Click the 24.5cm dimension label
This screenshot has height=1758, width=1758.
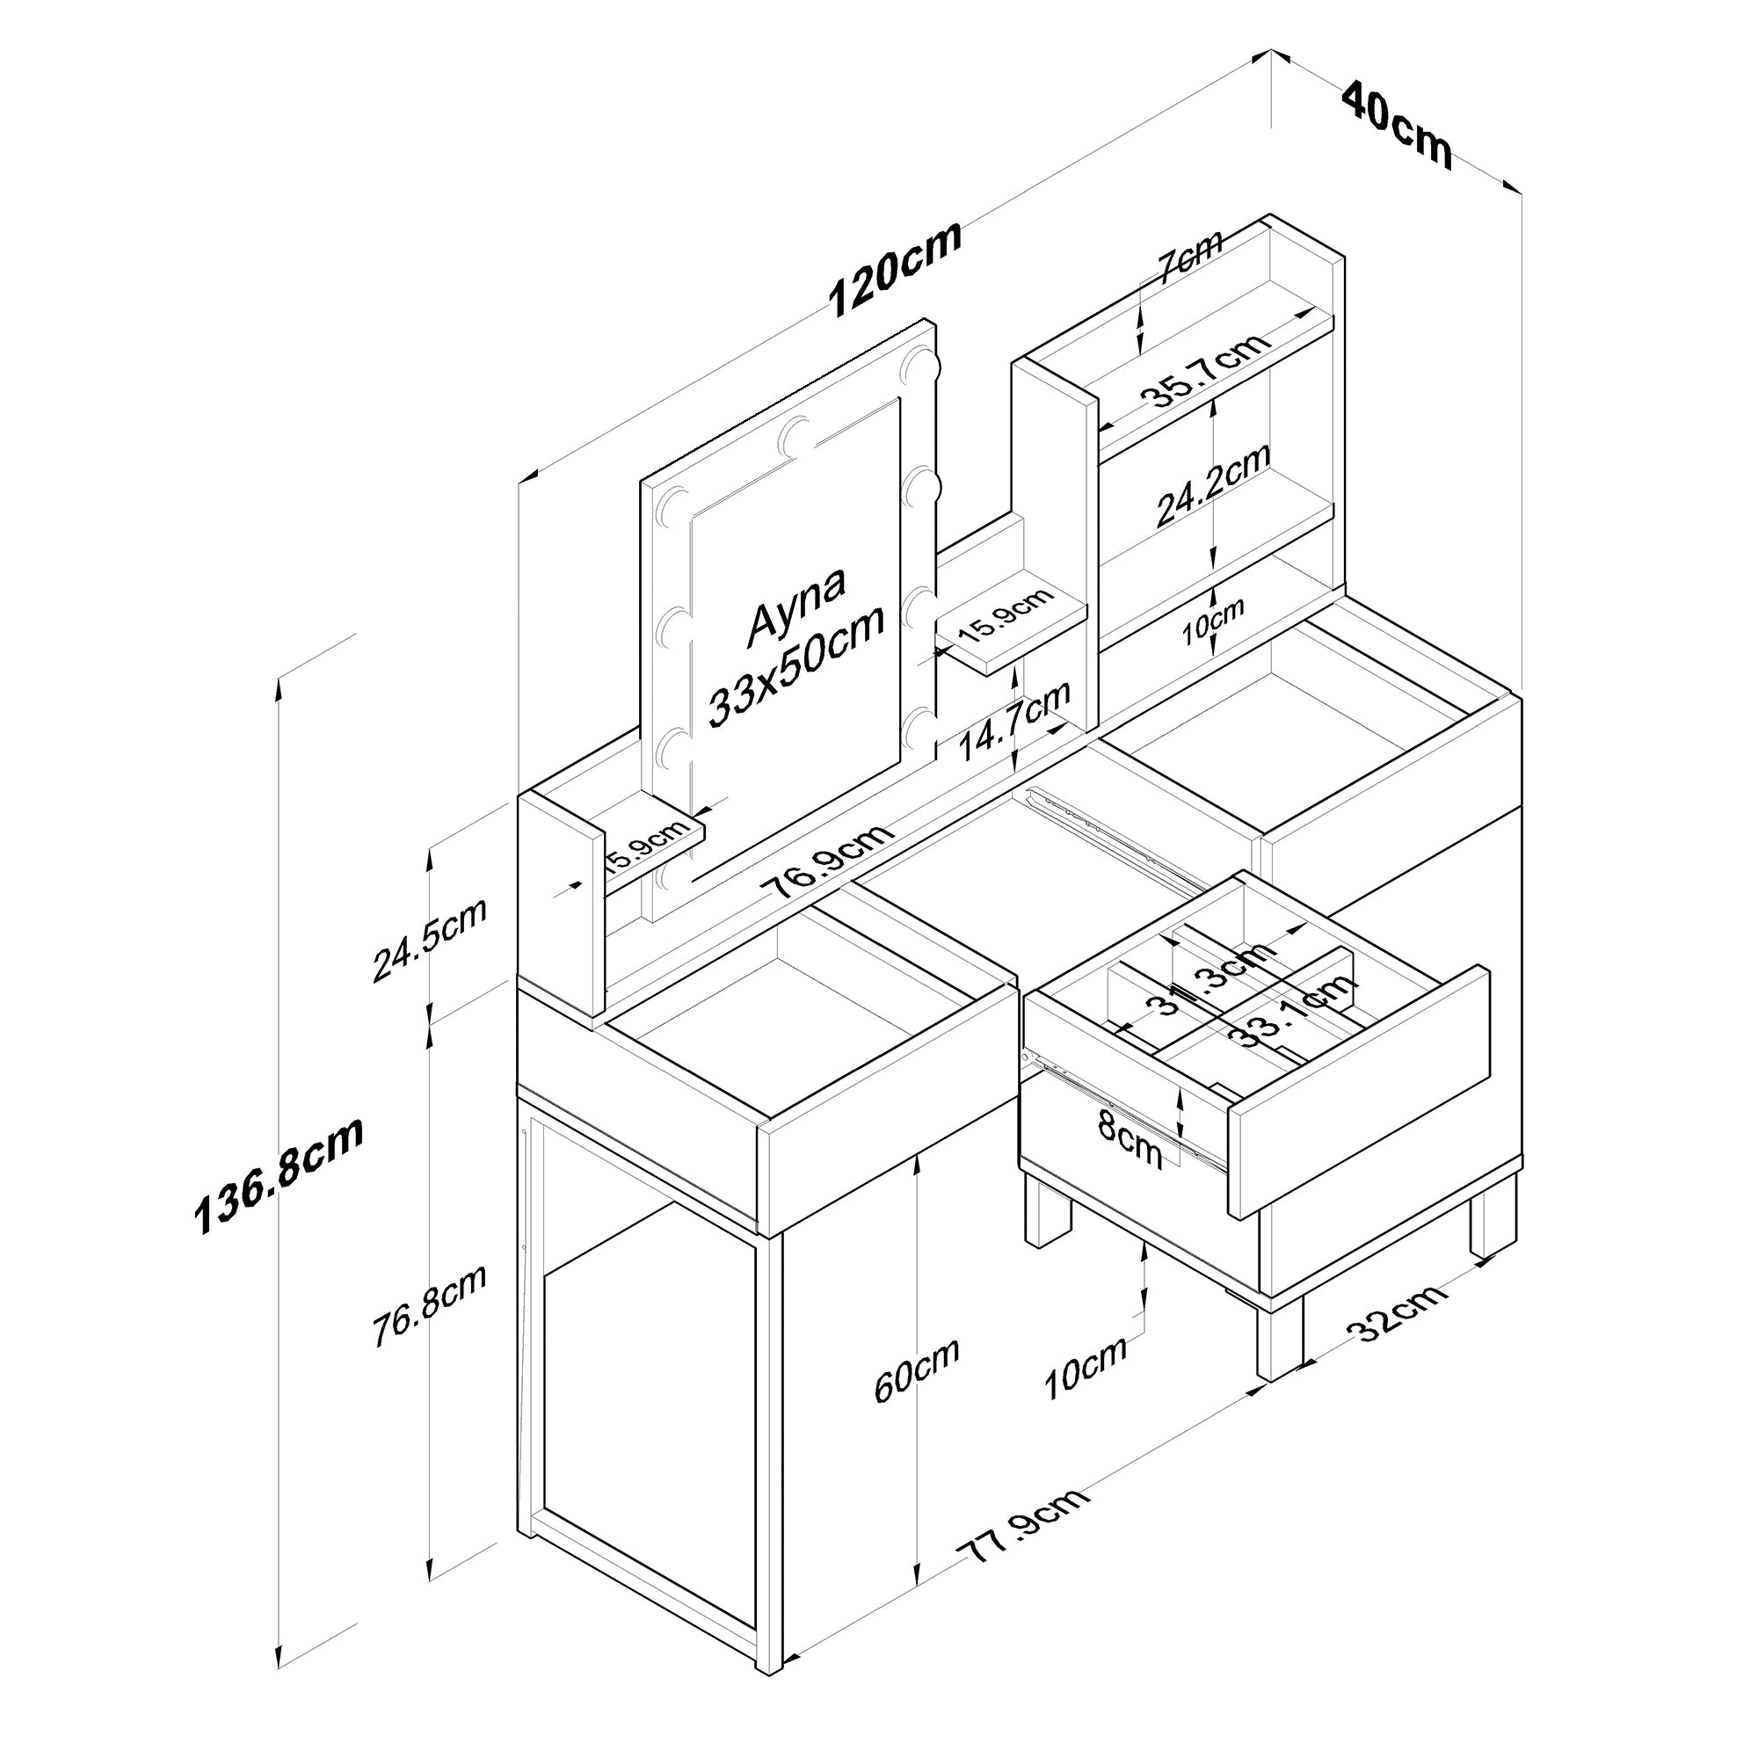[x=429, y=940]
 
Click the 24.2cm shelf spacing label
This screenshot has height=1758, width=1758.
[x=1213, y=485]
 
